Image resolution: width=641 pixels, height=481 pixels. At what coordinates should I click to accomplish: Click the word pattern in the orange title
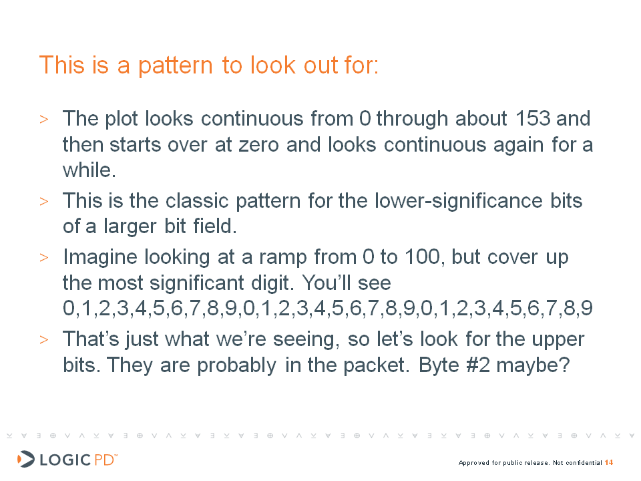[176, 66]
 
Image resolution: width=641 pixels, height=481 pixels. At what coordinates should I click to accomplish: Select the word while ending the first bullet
[89, 170]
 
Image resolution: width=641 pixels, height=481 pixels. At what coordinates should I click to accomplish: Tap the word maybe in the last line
[533, 365]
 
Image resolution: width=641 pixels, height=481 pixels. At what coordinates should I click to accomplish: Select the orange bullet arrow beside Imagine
[44, 258]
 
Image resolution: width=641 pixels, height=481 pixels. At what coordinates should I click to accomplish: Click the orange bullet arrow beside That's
[44, 339]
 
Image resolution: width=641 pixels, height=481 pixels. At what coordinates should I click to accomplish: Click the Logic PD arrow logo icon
[26, 459]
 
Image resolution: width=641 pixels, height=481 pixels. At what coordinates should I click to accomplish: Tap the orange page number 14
[609, 462]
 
